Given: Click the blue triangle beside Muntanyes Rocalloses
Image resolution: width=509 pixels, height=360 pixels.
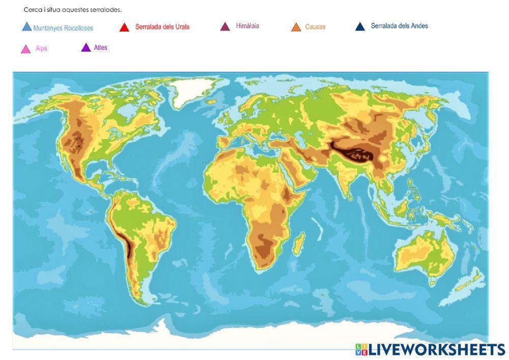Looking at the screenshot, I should click(x=27, y=27).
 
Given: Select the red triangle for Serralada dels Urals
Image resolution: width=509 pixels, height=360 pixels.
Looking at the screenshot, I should click(x=124, y=27).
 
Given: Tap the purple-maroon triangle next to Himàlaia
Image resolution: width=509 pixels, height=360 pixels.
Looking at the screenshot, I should click(x=225, y=26).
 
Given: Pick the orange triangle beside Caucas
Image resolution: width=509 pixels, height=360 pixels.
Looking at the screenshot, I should click(x=296, y=27).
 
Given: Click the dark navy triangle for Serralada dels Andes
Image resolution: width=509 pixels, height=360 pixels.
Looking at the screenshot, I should click(x=360, y=27).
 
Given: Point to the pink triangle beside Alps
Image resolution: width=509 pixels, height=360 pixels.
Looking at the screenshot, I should click(x=25, y=49).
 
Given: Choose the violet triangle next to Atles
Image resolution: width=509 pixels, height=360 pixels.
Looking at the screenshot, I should click(x=86, y=48).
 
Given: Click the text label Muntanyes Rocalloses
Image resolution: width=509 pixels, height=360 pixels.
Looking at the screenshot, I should click(x=63, y=29).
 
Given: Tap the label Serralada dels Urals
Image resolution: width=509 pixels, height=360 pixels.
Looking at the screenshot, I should click(x=162, y=27).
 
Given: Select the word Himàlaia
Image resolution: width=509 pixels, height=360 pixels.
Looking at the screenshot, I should click(x=247, y=26).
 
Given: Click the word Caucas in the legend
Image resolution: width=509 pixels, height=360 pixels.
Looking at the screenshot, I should click(x=315, y=27).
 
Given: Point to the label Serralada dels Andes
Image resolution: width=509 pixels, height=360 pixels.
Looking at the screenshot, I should click(x=400, y=26).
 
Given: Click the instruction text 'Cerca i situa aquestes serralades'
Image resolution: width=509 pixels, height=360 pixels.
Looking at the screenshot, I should click(x=73, y=10).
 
